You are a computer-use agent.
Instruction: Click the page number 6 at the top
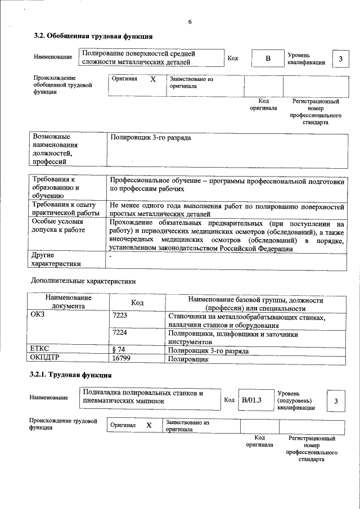click(190, 21)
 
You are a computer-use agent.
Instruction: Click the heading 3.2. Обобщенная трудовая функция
click(93, 36)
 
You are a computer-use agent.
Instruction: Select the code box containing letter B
click(268, 58)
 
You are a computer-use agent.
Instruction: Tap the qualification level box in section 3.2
click(340, 59)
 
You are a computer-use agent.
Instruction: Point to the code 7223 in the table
click(120, 317)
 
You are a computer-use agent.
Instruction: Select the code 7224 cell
click(120, 333)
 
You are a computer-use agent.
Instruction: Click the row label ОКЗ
click(37, 317)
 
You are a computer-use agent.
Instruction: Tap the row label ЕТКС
click(39, 349)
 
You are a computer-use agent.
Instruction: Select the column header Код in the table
click(137, 303)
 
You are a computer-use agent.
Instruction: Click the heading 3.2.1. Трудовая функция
click(70, 375)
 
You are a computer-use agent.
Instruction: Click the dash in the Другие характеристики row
click(111, 256)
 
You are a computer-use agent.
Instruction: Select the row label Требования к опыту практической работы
click(66, 209)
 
